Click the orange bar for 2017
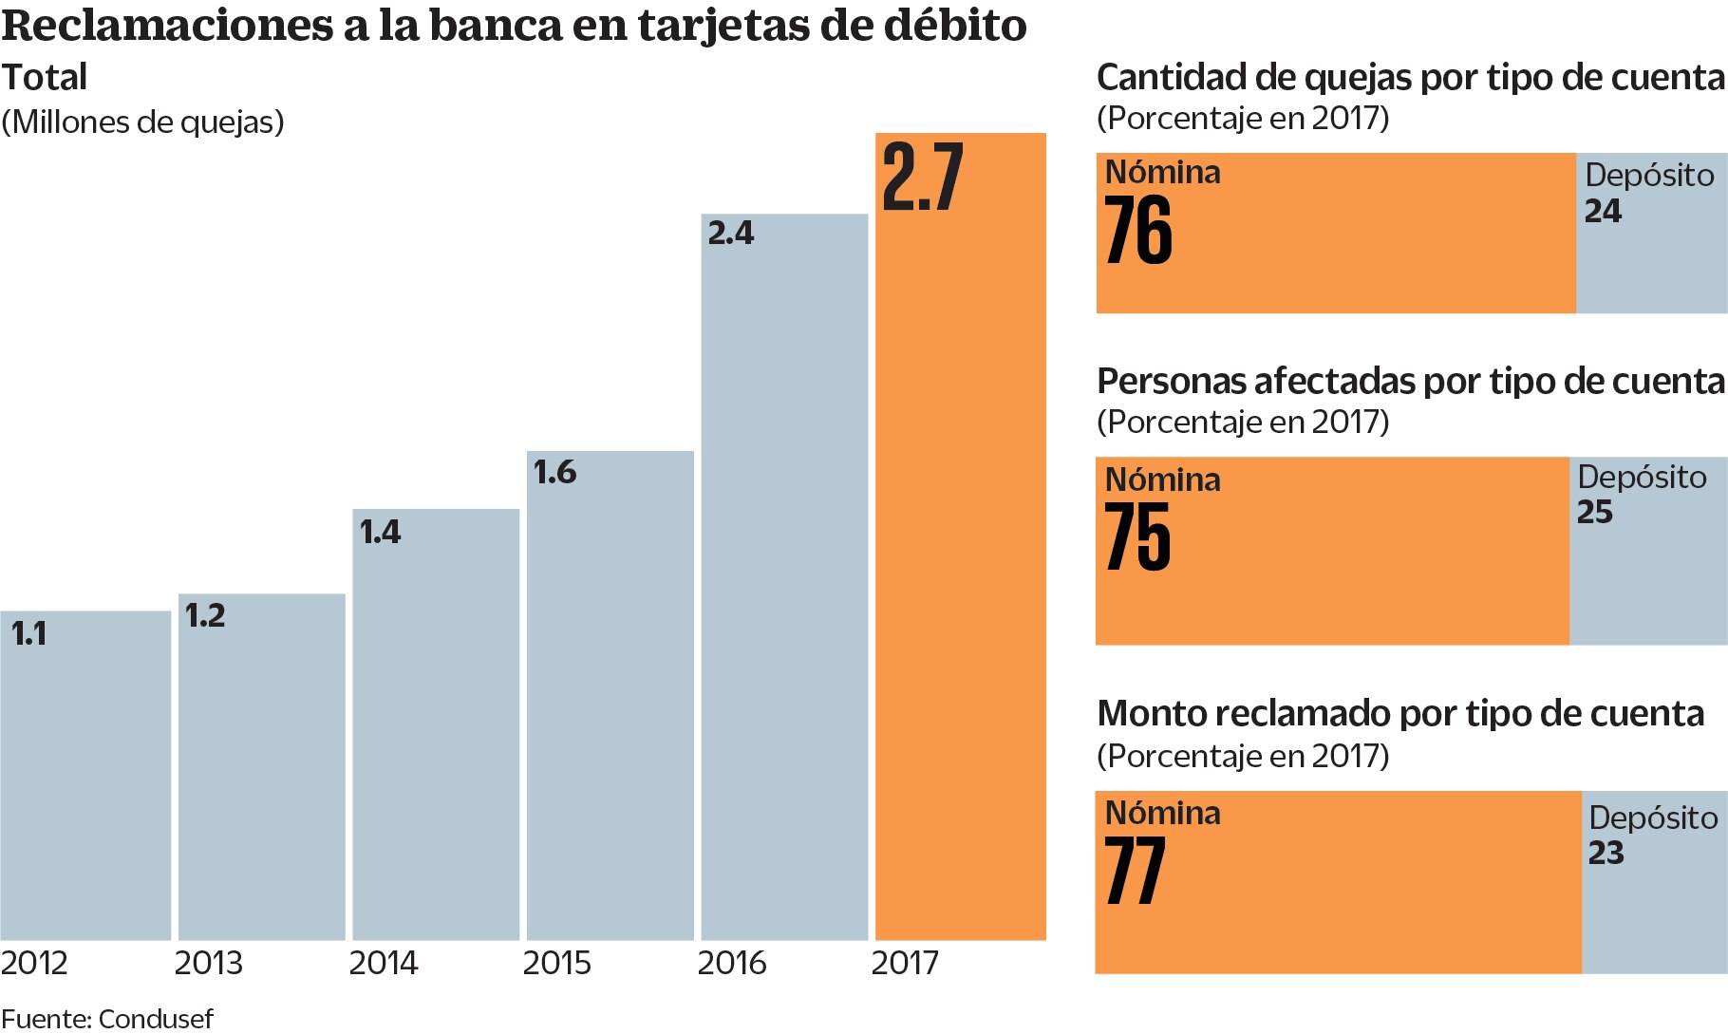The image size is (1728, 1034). (960, 570)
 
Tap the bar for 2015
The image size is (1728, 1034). (610, 703)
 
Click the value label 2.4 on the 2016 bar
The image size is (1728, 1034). (730, 233)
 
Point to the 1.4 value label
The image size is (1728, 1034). (380, 532)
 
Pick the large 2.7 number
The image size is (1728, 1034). (922, 178)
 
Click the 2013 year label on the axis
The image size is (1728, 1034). (208, 963)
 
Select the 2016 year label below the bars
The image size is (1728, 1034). (731, 963)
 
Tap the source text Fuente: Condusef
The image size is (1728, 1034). (107, 1019)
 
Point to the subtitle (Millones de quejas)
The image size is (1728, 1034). (142, 122)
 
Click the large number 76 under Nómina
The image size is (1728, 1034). (1138, 231)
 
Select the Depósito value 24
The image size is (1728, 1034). (1603, 211)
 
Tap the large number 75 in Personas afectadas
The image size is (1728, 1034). (1137, 536)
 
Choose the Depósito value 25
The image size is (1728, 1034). (1595, 512)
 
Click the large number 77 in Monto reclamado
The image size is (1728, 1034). (1136, 871)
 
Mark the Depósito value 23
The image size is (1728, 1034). (1606, 853)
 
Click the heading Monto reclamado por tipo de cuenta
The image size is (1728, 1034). (1399, 713)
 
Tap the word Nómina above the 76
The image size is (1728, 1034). (1162, 172)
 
